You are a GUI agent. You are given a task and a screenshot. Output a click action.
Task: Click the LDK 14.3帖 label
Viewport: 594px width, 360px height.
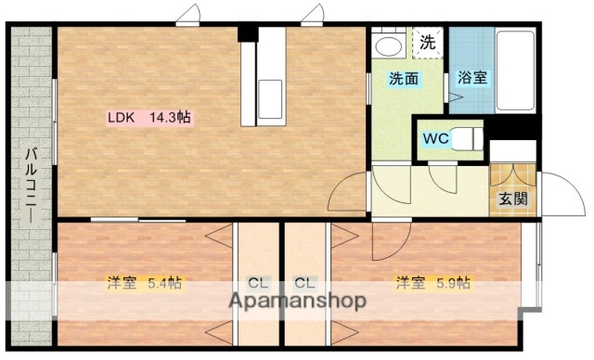[149, 118]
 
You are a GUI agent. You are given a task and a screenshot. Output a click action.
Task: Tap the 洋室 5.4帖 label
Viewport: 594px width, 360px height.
[144, 283]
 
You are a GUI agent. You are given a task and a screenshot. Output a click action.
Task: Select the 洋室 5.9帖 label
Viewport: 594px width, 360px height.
[432, 283]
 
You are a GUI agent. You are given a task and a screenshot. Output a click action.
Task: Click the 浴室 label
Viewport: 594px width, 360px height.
[471, 78]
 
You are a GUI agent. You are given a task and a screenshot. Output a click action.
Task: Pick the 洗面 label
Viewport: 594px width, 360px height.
[404, 80]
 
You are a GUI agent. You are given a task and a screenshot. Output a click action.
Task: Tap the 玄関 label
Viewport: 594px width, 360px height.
[512, 198]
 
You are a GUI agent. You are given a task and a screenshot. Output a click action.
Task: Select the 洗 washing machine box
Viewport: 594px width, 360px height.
[426, 42]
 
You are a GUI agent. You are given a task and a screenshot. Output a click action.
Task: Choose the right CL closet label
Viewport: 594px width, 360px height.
[303, 283]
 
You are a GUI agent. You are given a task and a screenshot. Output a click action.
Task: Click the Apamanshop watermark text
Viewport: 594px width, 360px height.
[296, 302]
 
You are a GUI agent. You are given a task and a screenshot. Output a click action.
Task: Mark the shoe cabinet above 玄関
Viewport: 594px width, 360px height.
[512, 174]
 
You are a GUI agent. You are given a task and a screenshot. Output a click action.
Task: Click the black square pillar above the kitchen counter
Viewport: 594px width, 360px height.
[247, 34]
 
